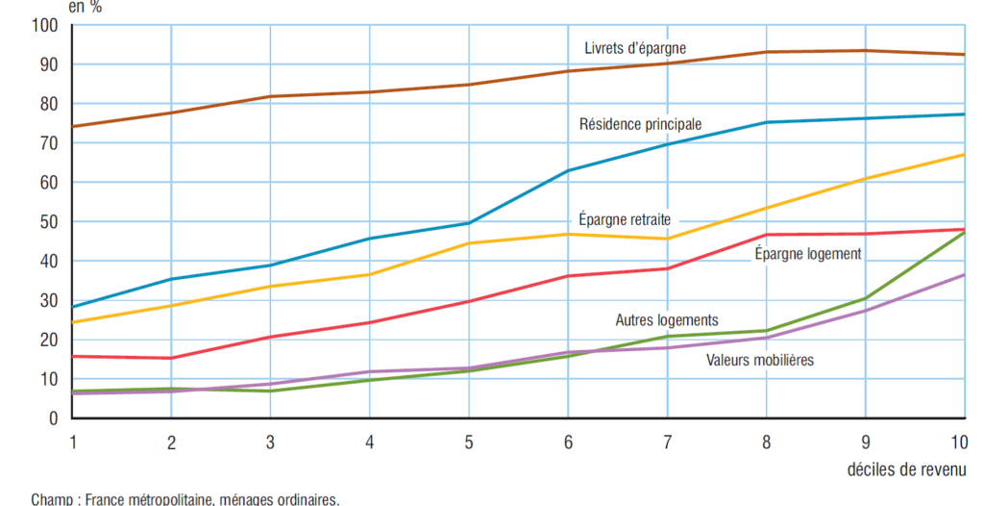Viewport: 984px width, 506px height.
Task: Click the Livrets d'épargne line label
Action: tap(635, 48)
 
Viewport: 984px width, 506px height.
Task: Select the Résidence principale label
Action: tap(640, 124)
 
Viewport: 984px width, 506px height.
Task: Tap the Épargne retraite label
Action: tap(625, 218)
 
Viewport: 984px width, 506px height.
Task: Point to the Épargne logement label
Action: tap(808, 254)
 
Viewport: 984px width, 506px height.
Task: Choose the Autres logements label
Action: tap(667, 320)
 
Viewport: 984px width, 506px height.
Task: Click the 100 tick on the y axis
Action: tap(45, 25)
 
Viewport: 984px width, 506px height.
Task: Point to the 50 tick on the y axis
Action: tap(49, 221)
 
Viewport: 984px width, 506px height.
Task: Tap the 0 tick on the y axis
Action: tap(54, 418)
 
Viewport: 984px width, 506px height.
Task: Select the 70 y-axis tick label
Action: tap(49, 143)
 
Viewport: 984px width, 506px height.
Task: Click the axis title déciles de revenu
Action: tap(907, 470)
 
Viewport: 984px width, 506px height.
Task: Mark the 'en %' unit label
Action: tap(84, 7)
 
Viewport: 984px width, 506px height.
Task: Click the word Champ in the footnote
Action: tap(51, 499)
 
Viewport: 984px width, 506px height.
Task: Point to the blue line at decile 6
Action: tap(567, 171)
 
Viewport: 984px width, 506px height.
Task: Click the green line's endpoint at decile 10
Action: tap(964, 232)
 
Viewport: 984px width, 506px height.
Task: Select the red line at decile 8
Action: tap(766, 235)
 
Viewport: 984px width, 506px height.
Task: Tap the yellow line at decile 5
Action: tap(468, 243)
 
